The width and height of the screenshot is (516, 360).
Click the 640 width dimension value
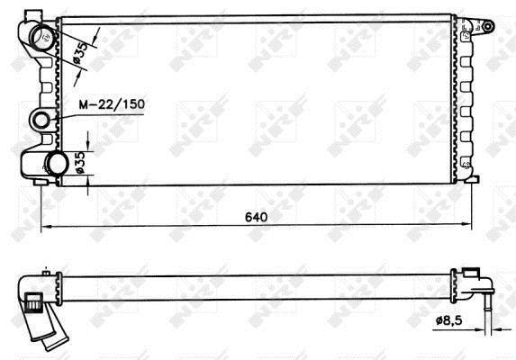(256, 217)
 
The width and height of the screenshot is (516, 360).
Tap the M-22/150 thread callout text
(112, 103)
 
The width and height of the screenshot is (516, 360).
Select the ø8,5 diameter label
(448, 319)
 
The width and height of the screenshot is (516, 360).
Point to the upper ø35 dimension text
(80, 52)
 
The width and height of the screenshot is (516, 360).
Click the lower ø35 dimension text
(80, 162)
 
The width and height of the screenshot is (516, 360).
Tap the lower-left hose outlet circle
(58, 164)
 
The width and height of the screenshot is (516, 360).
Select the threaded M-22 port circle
(41, 120)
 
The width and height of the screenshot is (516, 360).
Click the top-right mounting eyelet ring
(488, 26)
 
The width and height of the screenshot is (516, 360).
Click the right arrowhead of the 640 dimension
(466, 224)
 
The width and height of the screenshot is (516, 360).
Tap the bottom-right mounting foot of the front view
(472, 179)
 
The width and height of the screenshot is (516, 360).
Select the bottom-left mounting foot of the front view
(41, 182)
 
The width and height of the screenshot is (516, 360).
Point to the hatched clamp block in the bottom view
(34, 301)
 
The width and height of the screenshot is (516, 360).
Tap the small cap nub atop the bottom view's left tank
(46, 273)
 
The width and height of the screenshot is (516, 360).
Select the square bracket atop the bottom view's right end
(471, 273)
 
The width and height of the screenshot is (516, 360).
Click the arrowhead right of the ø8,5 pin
(496, 328)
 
